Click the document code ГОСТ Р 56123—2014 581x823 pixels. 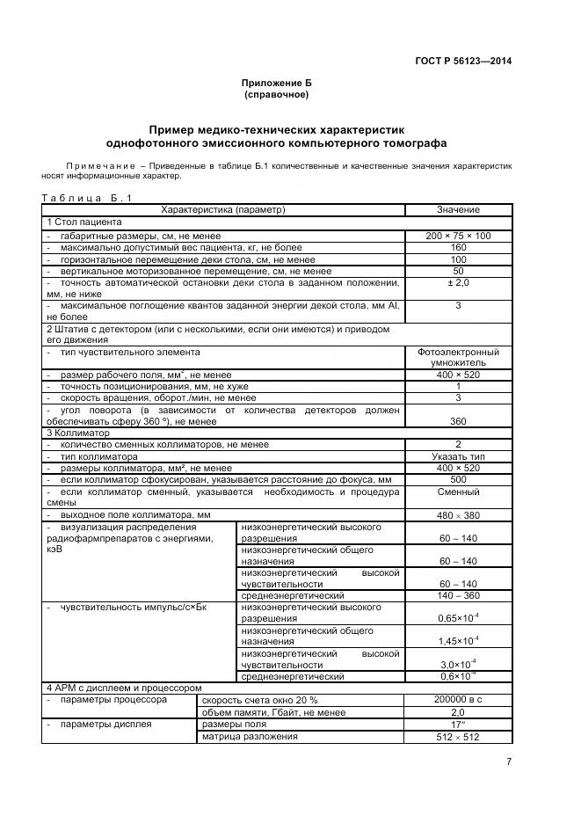(x=463, y=61)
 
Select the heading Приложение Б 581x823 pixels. (x=277, y=83)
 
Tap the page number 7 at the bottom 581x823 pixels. (x=509, y=762)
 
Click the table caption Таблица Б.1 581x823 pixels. (x=87, y=198)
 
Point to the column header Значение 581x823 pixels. (x=458, y=209)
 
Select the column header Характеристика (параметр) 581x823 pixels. (x=223, y=209)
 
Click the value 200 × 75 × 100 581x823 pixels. (x=458, y=236)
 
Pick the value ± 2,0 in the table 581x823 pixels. (x=458, y=283)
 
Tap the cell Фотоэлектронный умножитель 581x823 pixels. (x=458, y=357)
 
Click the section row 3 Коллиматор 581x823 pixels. (x=76, y=433)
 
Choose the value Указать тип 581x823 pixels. (x=458, y=457)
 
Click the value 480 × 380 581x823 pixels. (x=458, y=514)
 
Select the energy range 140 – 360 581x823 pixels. (x=458, y=595)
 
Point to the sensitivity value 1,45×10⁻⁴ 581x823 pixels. (x=458, y=641)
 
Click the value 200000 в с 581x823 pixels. (x=458, y=700)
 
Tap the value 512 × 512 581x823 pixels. (x=458, y=737)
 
